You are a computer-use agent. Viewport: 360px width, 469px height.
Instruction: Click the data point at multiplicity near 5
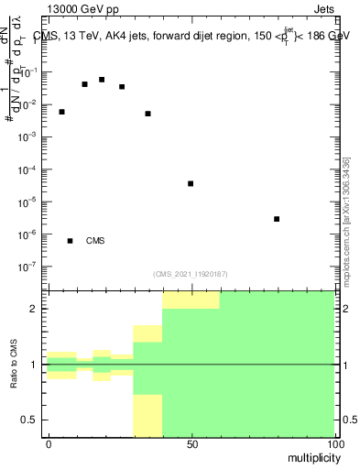click(x=61, y=112)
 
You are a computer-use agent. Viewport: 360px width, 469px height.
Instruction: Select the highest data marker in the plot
click(x=102, y=80)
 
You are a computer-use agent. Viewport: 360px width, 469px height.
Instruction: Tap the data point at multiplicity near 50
click(x=191, y=184)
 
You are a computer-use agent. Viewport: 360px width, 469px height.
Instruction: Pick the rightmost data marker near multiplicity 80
click(x=277, y=219)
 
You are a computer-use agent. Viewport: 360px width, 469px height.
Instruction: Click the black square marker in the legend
click(x=70, y=241)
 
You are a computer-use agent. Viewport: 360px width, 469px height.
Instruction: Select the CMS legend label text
click(x=95, y=242)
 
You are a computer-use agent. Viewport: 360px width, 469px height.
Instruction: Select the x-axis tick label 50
click(x=191, y=443)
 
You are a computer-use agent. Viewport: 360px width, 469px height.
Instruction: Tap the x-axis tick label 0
click(x=48, y=443)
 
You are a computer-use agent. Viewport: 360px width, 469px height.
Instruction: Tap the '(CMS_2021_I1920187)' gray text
click(x=191, y=274)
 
